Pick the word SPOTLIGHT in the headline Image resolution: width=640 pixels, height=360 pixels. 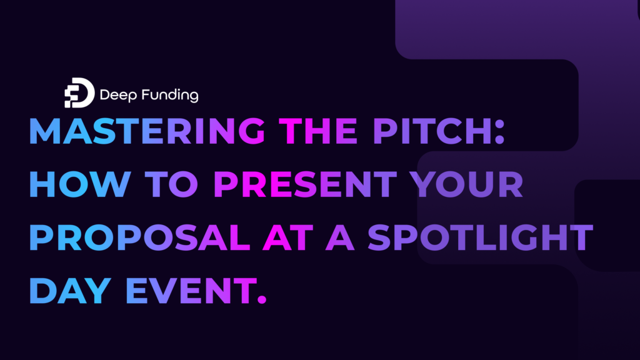click(480, 238)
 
